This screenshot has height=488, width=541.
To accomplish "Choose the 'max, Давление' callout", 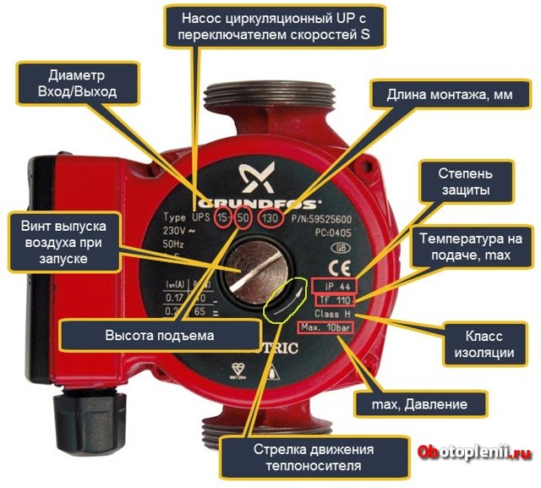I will point(420,404).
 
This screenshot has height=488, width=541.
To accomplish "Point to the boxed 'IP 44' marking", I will point(336,285).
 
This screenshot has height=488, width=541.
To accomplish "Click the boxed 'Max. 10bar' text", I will point(325,326).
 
